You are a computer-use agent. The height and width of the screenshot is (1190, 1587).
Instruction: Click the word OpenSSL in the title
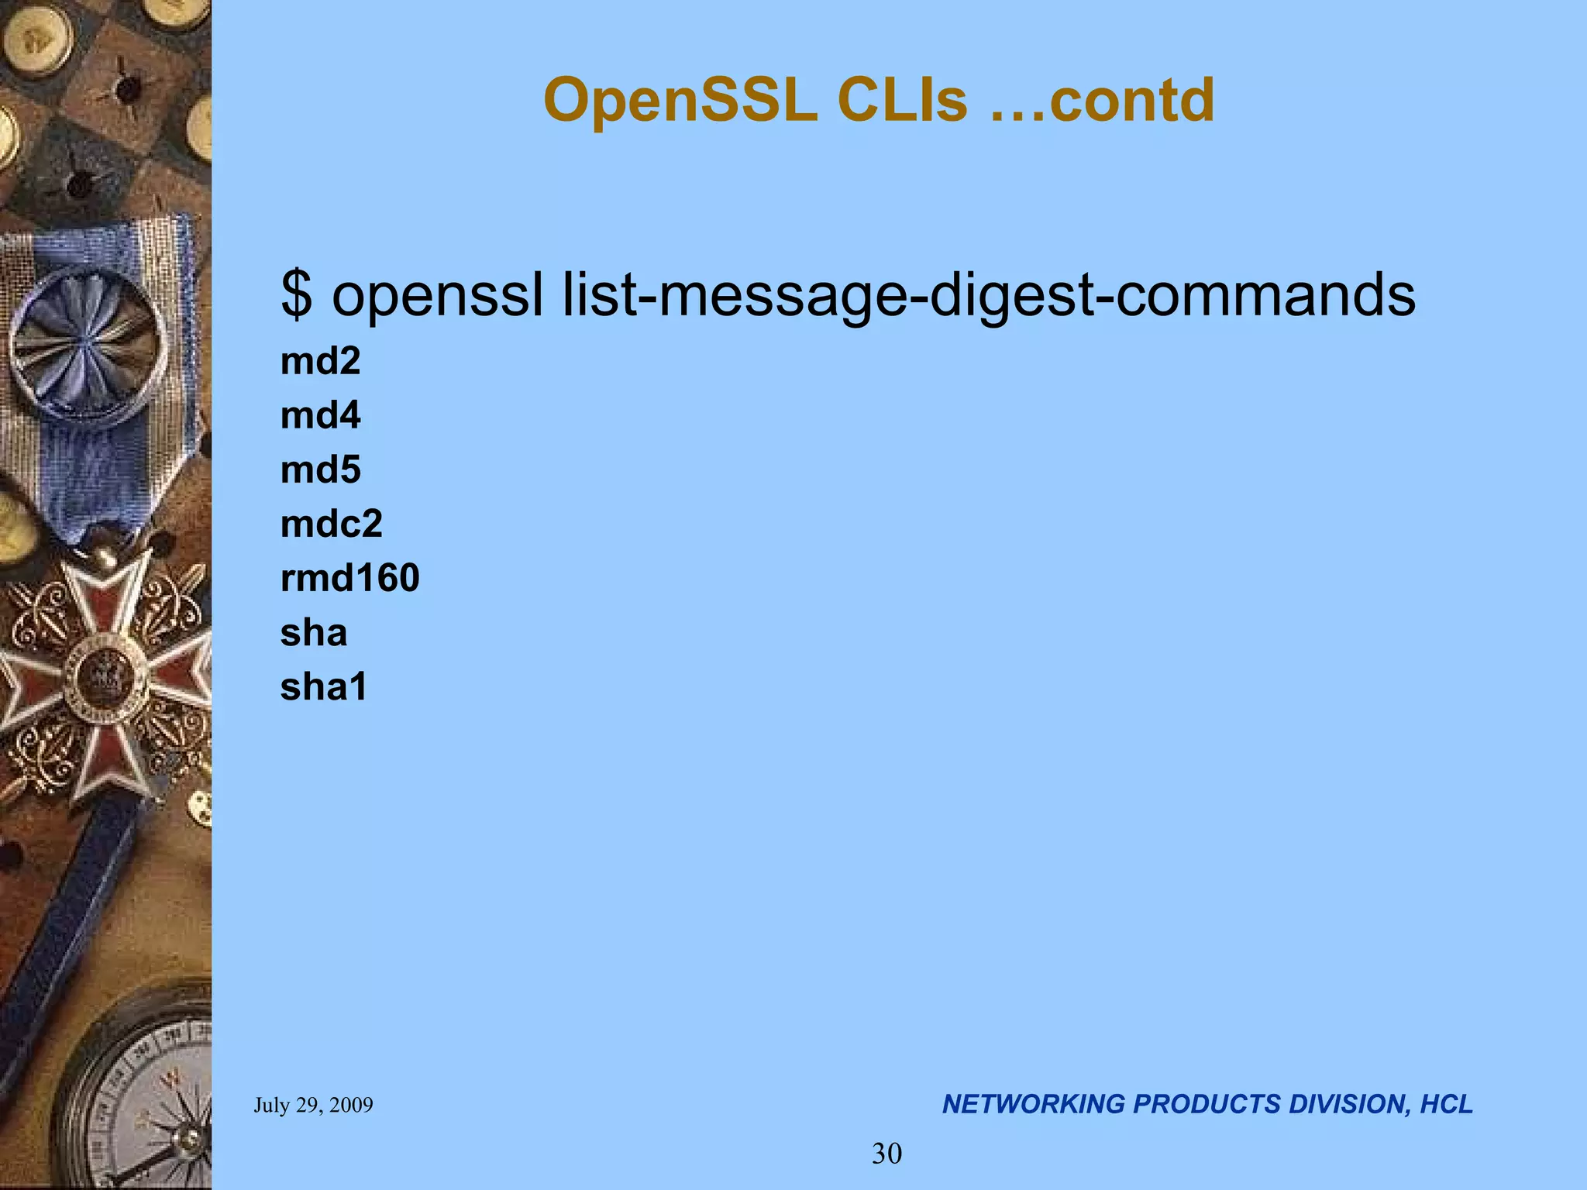pos(680,101)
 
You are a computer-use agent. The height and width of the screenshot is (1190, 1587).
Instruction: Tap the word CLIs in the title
pos(902,101)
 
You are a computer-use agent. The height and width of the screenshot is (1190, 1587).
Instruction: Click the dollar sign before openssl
pos(297,294)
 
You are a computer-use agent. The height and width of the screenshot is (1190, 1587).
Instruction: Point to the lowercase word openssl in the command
pos(438,294)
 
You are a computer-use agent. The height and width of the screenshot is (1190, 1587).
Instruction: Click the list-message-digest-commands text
pos(989,296)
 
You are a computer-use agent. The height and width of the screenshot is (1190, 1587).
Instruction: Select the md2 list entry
pos(320,361)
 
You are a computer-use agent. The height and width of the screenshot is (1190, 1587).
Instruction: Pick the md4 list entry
pos(320,415)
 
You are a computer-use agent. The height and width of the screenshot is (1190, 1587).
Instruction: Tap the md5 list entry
pos(320,469)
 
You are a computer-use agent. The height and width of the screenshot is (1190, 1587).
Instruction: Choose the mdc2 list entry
pos(331,524)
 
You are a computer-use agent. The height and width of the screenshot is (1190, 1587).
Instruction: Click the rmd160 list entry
pos(349,578)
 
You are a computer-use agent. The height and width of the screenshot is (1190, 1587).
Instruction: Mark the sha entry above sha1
pos(313,633)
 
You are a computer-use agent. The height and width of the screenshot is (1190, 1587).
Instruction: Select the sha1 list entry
pos(323,687)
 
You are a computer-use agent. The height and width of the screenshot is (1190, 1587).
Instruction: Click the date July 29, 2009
pos(313,1105)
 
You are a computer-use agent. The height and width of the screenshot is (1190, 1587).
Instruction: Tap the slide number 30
pos(886,1154)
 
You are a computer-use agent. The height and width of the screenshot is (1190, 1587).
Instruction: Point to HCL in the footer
pos(1446,1104)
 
